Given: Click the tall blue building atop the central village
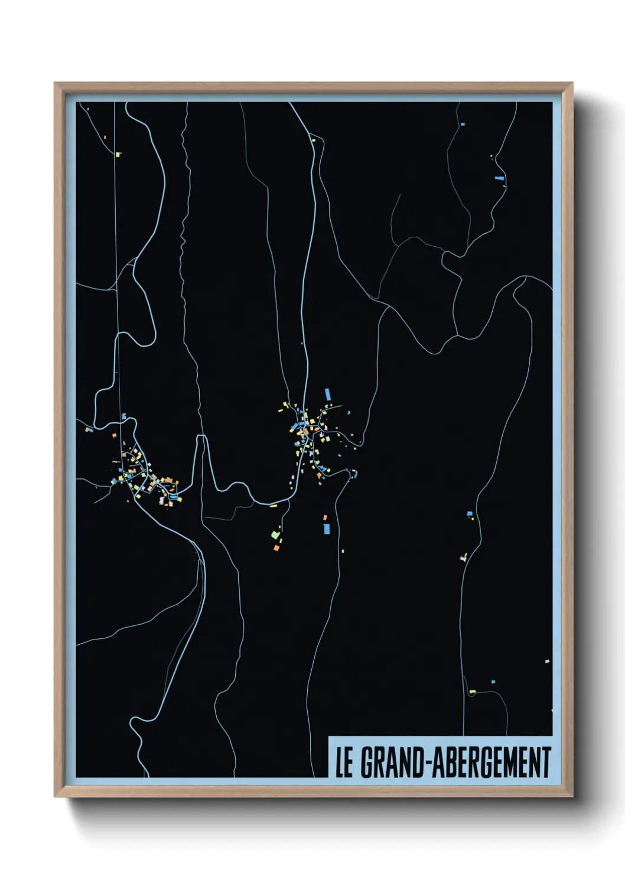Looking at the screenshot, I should pyautogui.click(x=327, y=394).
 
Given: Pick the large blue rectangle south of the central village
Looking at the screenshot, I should pyautogui.click(x=326, y=529).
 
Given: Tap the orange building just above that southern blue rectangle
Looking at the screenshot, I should pyautogui.click(x=324, y=518).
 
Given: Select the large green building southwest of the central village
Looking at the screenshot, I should pyautogui.click(x=275, y=534).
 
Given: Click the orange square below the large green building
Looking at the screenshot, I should pyautogui.click(x=276, y=549).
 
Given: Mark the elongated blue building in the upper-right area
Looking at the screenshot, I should pyautogui.click(x=499, y=177).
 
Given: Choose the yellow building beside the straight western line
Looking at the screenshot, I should pyautogui.click(x=118, y=155).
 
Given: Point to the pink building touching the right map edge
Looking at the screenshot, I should pyautogui.click(x=547, y=661).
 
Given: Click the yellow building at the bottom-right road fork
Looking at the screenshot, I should pyautogui.click(x=472, y=692).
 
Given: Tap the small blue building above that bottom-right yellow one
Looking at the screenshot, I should pyautogui.click(x=493, y=681).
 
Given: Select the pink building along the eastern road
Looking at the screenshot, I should pyautogui.click(x=463, y=557).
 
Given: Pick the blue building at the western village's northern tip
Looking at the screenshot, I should pyautogui.click(x=123, y=416).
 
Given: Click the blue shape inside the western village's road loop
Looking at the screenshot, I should pyautogui.click(x=172, y=497).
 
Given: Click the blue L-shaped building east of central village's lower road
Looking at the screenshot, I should pyautogui.click(x=354, y=472).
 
